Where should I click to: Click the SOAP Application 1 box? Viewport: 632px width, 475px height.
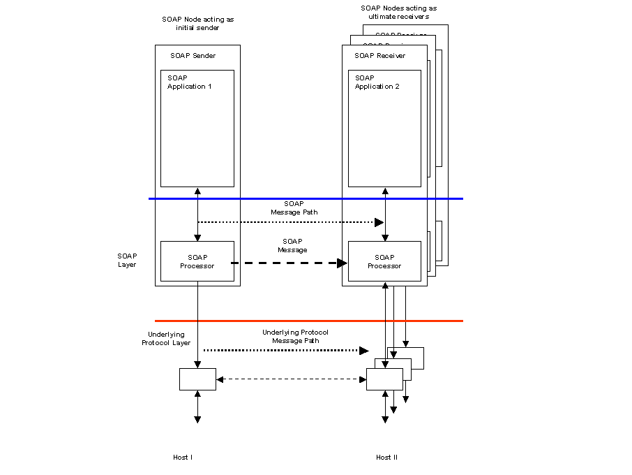[x=197, y=129]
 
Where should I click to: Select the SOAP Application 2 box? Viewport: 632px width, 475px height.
[x=384, y=129]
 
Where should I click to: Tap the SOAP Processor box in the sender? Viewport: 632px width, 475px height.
[x=197, y=261]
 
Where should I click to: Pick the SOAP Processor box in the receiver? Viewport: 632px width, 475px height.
[x=384, y=261]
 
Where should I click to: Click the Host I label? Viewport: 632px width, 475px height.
[x=183, y=458]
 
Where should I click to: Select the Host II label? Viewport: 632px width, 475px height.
[x=386, y=458]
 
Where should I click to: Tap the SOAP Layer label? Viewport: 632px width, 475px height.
[x=127, y=261]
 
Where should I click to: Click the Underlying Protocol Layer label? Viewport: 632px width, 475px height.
[x=166, y=339]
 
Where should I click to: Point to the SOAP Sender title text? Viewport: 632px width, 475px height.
[x=193, y=56]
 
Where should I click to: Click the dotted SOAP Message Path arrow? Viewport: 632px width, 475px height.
[x=289, y=222]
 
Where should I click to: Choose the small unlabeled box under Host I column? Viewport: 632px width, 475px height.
[x=197, y=379]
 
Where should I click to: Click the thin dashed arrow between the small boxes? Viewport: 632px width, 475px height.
[x=291, y=379]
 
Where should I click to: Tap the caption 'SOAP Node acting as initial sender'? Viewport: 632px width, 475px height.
[x=197, y=24]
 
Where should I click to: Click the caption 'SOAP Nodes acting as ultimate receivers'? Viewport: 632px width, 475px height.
[x=398, y=12]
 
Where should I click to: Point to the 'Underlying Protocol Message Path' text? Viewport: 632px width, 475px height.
[x=295, y=336]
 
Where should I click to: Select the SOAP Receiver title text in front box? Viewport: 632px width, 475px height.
[x=379, y=56]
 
